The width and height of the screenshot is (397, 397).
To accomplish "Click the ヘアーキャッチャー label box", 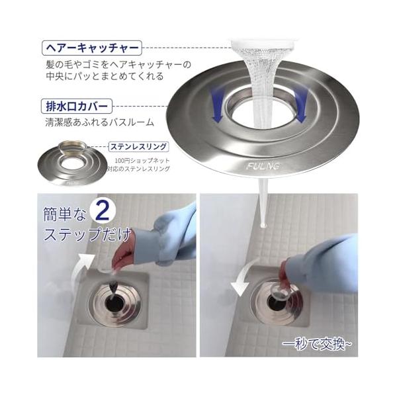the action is coord(91,48).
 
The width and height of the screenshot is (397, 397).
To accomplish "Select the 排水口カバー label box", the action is coord(77,106).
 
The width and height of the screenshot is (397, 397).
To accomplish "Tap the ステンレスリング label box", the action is coord(138,147).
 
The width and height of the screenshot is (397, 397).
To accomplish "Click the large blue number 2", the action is coord(103,212).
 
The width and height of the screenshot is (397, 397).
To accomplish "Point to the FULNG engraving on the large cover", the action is coord(263,166).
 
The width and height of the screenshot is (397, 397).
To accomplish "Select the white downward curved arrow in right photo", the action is coord(243,279).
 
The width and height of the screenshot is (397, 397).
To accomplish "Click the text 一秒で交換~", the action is coord(317,344).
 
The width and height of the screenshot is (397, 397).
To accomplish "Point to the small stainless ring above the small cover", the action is coord(72,148).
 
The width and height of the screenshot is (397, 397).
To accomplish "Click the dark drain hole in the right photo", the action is coord(276,302).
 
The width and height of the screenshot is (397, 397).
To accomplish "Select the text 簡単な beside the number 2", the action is coord(64,214).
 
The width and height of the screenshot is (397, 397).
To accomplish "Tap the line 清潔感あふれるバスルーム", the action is coord(100,122).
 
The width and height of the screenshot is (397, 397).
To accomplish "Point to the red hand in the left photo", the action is coord(124,255).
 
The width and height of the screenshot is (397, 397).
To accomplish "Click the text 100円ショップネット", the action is coord(142,161).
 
